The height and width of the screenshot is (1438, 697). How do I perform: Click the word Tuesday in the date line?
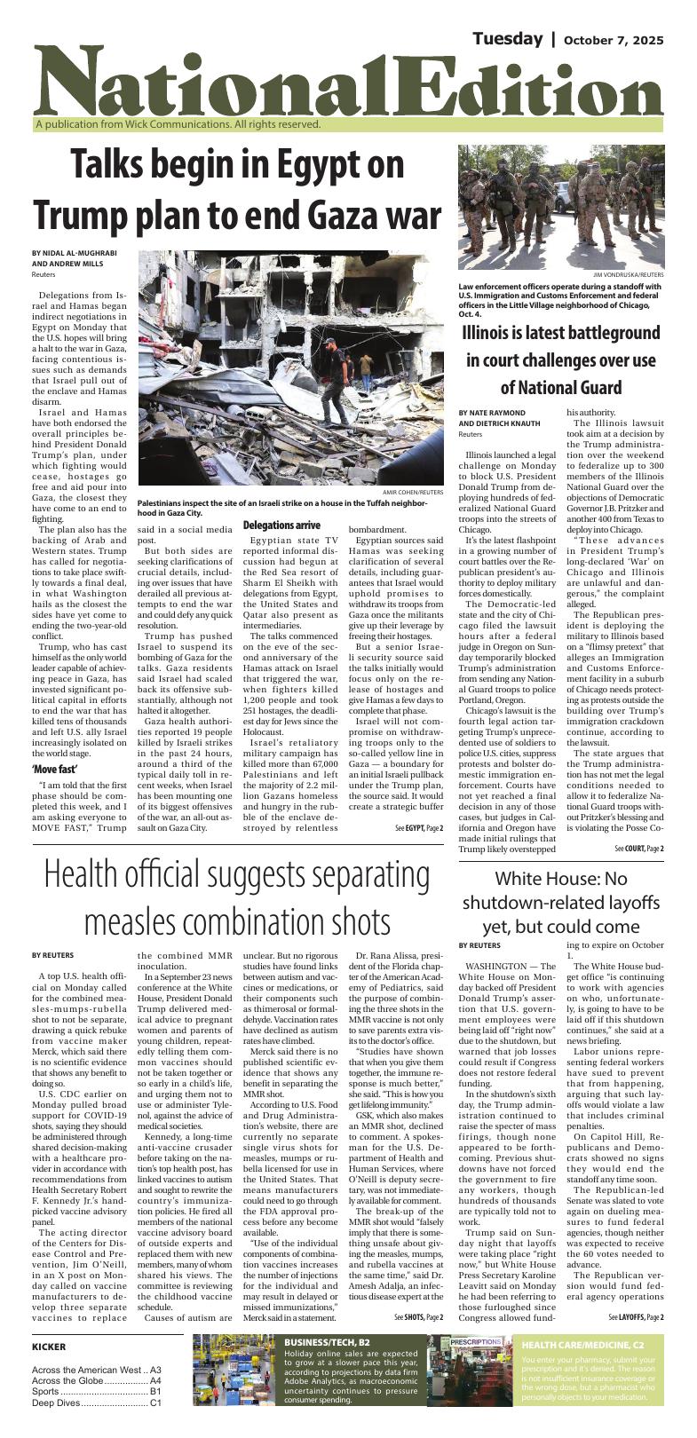pos(506,39)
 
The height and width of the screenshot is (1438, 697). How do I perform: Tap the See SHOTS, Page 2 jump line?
pos(418,1316)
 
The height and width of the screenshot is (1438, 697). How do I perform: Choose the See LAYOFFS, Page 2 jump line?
pos(636,1316)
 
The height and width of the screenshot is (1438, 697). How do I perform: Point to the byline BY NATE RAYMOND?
pos(497,413)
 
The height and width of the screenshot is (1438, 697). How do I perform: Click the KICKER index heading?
pos(50,1347)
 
